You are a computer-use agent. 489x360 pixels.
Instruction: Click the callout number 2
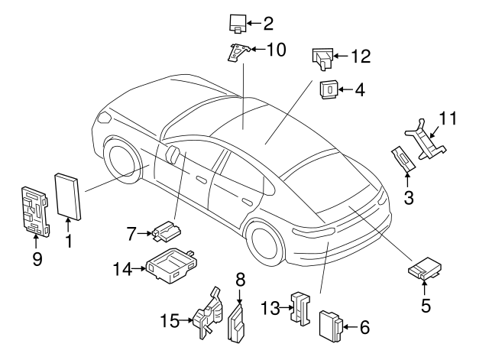[268, 24]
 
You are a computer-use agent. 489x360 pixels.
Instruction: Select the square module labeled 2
[238, 24]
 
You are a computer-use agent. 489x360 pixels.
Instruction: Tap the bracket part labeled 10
[238, 52]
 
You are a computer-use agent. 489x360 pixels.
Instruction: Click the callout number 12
[361, 57]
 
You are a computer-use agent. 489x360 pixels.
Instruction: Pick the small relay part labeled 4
[329, 89]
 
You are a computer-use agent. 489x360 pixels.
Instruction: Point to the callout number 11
[448, 118]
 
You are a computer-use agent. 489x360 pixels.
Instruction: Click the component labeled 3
[403, 159]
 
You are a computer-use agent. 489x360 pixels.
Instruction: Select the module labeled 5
[425, 268]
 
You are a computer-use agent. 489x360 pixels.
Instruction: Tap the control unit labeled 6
[331, 326]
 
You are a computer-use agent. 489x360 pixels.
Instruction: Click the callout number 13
[270, 308]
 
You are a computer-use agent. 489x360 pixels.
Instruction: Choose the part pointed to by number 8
[236, 323]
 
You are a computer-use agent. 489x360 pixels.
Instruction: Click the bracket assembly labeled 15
[209, 313]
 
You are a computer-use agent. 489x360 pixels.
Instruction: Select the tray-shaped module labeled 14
[172, 265]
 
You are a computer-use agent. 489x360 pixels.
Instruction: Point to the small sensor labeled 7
[167, 232]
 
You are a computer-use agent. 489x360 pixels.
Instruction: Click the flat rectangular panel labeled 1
[68, 196]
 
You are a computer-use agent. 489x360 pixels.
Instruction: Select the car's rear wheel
[264, 244]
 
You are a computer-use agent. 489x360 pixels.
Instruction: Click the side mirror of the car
[173, 154]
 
